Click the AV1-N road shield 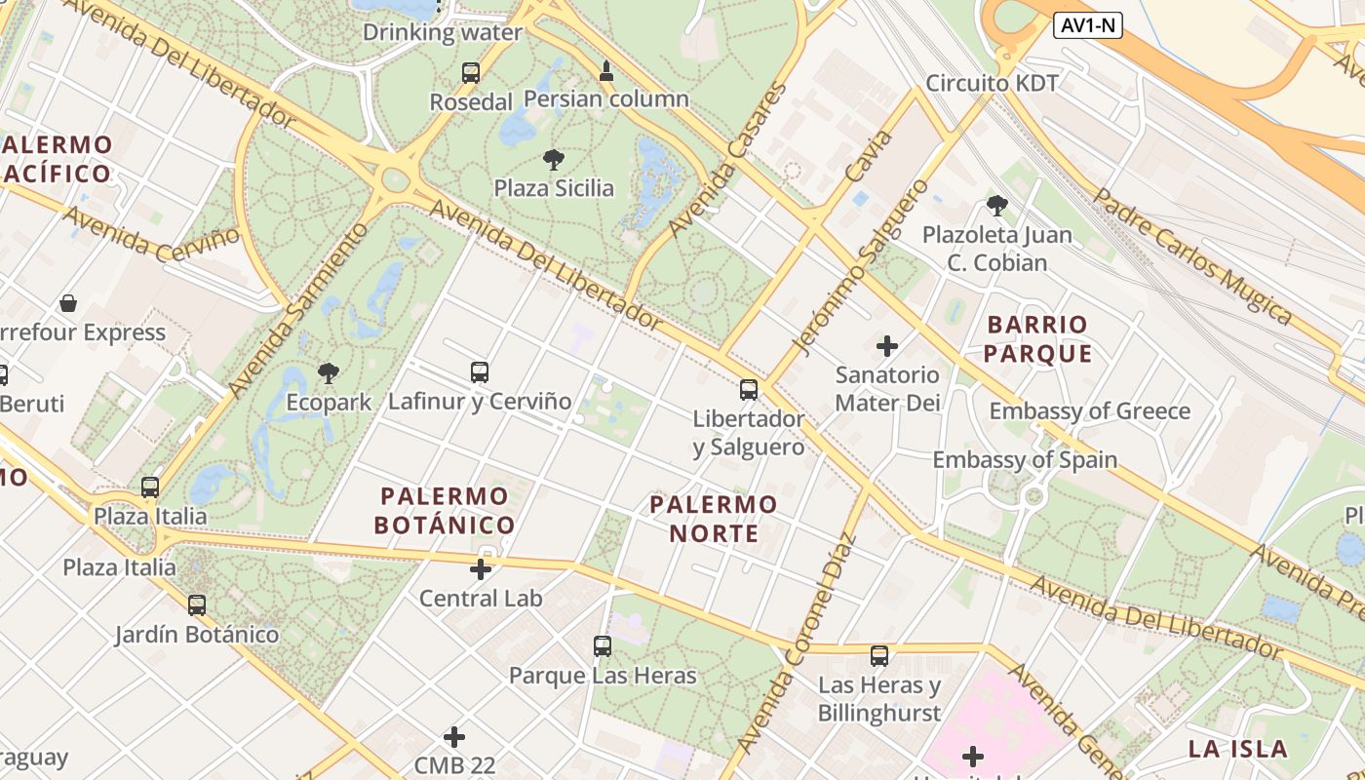[1088, 26]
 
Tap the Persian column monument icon [606, 70]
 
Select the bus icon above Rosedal [471, 72]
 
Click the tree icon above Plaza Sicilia [553, 159]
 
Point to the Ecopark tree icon [329, 372]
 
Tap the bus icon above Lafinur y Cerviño [479, 371]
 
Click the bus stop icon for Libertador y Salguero [749, 390]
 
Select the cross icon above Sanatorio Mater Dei [887, 345]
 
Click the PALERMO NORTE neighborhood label [714, 519]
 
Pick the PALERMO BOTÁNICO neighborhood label [445, 511]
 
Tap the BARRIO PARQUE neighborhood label [1037, 338]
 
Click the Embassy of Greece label [1090, 410]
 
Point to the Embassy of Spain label [1025, 459]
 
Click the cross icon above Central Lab [481, 568]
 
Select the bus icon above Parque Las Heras [603, 645]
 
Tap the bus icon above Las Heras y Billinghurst [879, 656]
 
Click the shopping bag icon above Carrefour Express [68, 303]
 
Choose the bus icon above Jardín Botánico [197, 605]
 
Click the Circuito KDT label [992, 83]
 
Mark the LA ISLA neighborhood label [1238, 749]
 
